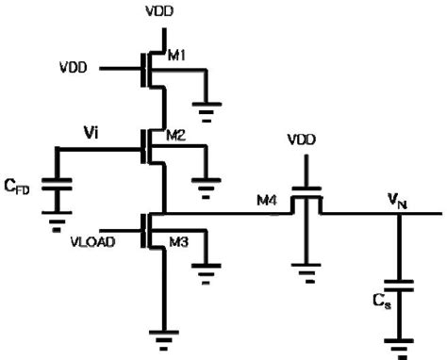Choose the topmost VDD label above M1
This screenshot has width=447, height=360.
point(159,12)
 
